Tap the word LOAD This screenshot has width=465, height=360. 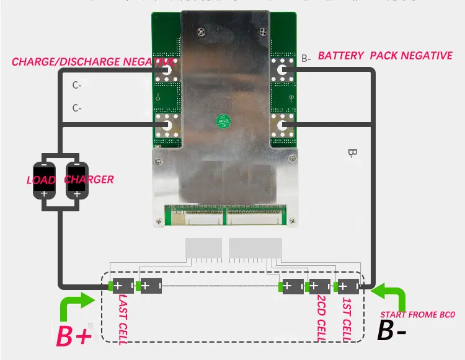coord(40,180)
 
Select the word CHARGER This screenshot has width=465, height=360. coord(89,180)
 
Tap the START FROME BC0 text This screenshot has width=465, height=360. coord(417,315)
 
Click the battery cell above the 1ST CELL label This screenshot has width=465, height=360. coord(347,287)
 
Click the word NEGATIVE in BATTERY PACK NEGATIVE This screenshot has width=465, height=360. coord(427,56)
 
